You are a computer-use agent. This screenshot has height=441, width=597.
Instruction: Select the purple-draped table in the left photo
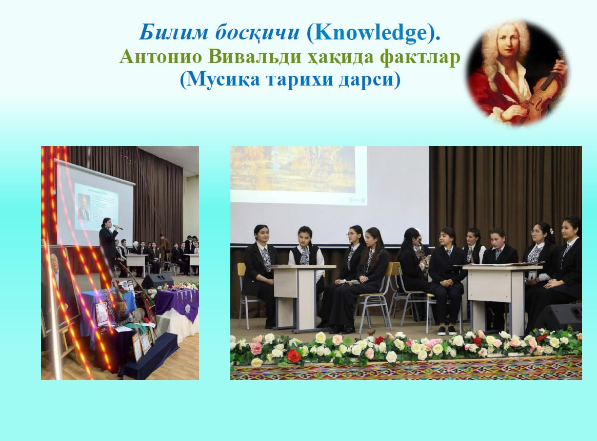coord(177,304)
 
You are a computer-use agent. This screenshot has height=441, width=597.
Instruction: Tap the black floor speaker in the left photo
coord(157,281)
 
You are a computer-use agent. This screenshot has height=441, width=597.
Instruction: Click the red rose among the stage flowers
coord(293,356)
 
